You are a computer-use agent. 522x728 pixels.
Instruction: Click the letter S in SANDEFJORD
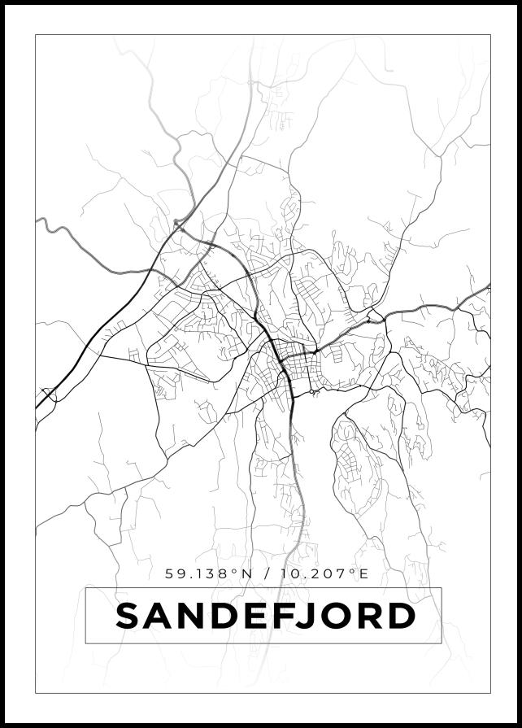(x=130, y=617)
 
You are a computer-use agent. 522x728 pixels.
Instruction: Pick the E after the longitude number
(x=363, y=574)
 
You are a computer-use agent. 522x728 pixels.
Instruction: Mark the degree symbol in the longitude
(x=352, y=571)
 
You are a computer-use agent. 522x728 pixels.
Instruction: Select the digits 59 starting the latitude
(x=175, y=574)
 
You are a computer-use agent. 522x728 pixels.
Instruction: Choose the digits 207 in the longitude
(x=333, y=574)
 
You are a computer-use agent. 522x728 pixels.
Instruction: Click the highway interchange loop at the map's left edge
(x=48, y=396)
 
